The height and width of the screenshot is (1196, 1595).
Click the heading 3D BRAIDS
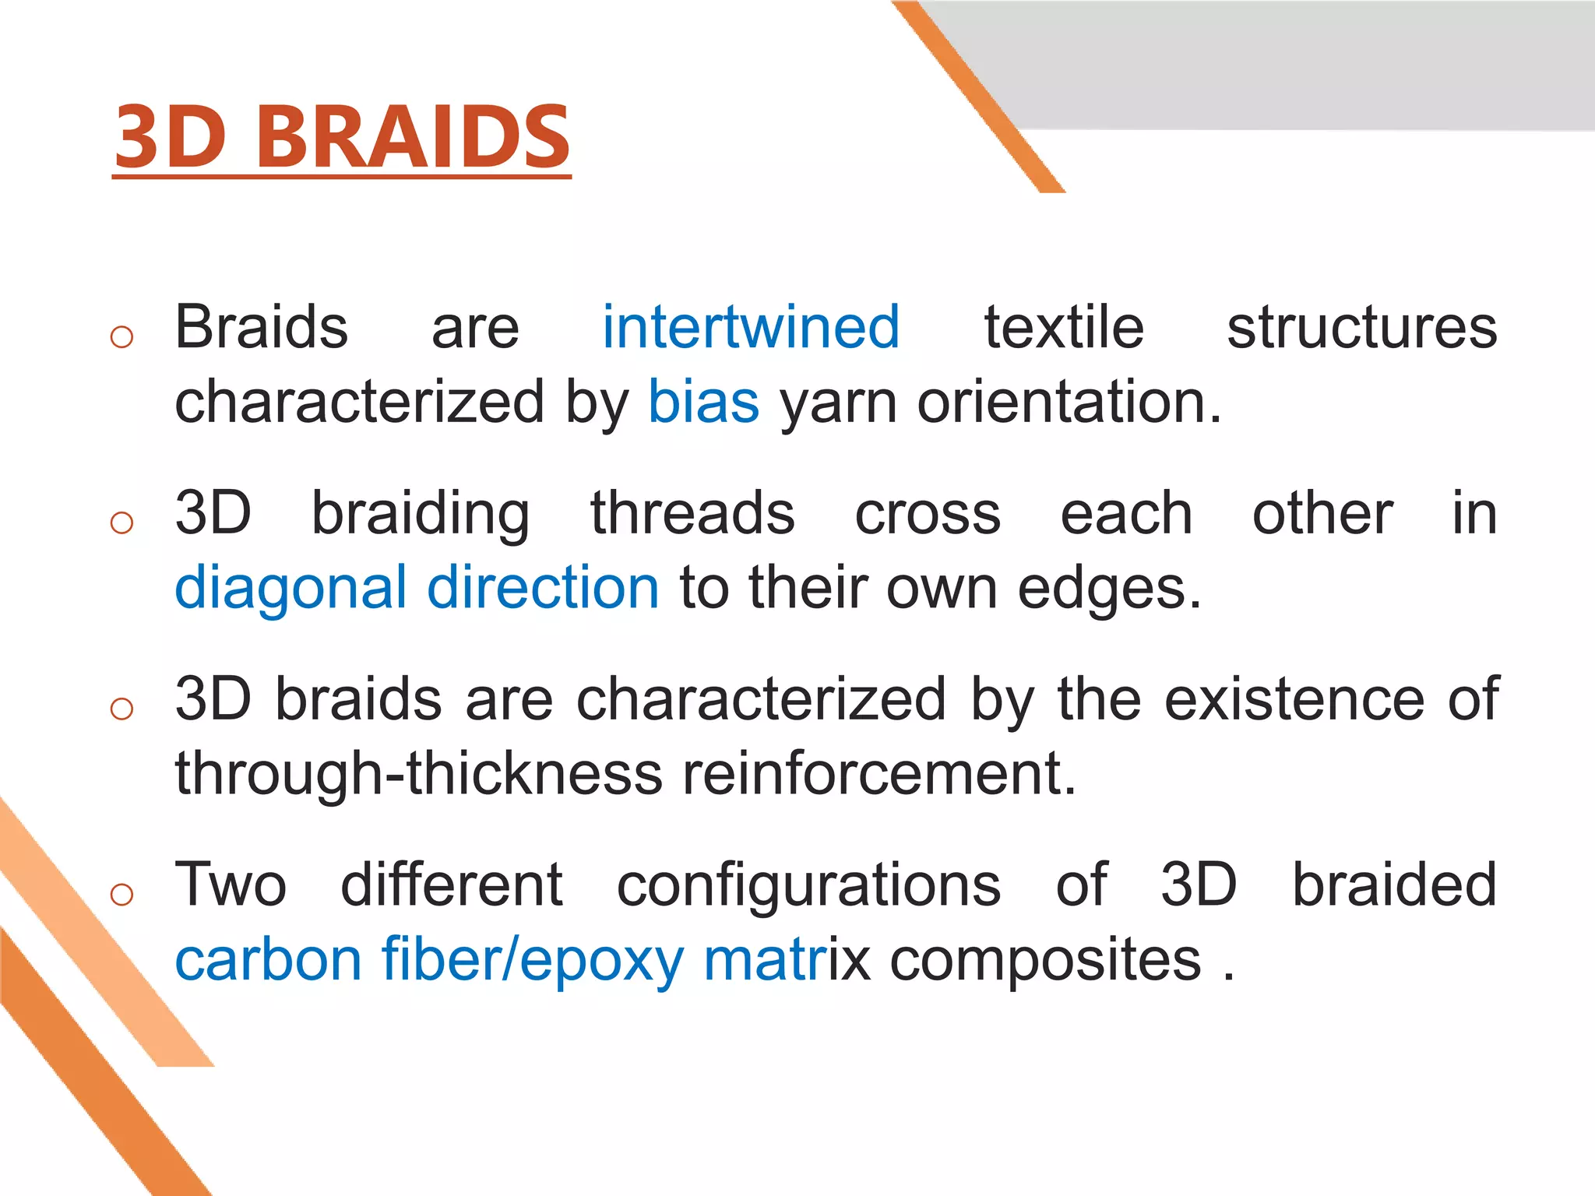click(x=342, y=137)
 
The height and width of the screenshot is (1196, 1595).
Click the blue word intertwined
click(x=751, y=327)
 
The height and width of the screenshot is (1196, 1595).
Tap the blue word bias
click(x=703, y=402)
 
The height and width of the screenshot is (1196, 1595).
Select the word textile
click(x=1064, y=327)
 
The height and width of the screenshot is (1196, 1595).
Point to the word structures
click(x=1362, y=327)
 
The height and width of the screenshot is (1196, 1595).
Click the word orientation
click(x=1069, y=402)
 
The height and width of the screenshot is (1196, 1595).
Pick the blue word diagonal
click(x=290, y=589)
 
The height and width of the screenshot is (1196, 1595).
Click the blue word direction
click(x=543, y=587)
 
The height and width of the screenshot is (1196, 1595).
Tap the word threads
click(x=692, y=513)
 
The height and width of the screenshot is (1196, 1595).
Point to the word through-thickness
click(x=418, y=773)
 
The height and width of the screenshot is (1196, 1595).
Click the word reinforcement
click(x=879, y=773)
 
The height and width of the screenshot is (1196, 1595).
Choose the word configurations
click(x=808, y=885)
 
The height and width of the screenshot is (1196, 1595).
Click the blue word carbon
click(x=268, y=959)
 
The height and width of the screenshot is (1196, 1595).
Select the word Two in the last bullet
click(x=231, y=885)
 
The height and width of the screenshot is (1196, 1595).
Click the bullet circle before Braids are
click(x=122, y=337)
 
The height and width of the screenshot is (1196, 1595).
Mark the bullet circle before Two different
click(x=122, y=895)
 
